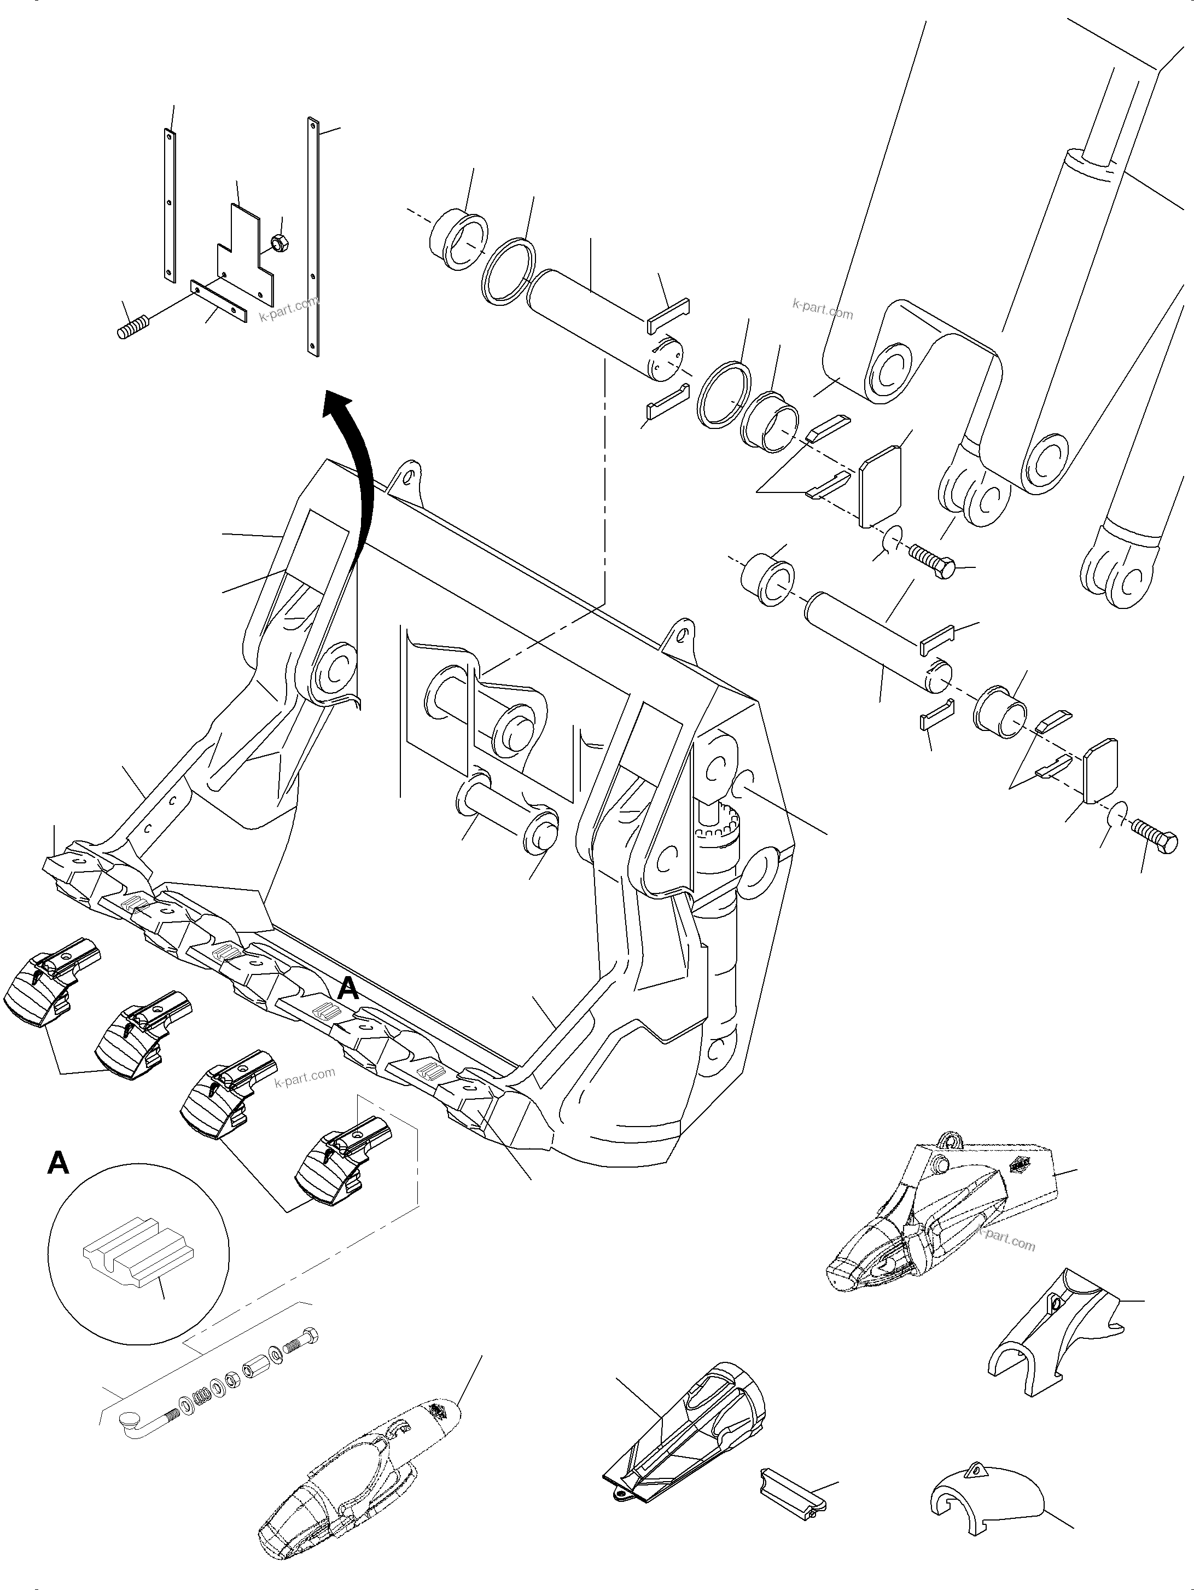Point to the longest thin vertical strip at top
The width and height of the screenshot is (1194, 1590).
313,237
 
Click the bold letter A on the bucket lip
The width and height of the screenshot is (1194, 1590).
348,989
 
